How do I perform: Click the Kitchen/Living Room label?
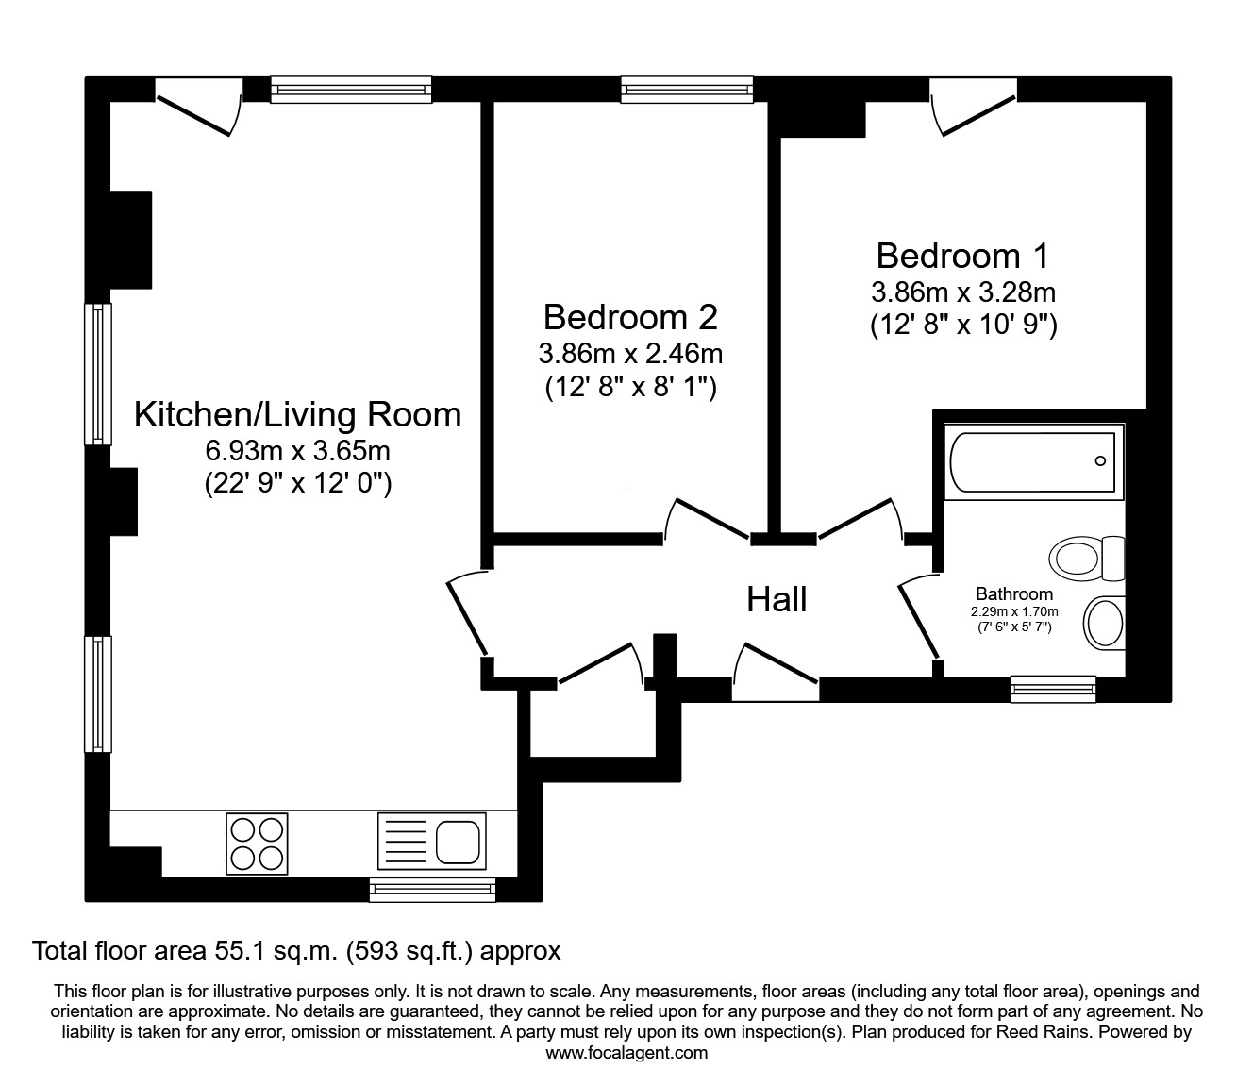coord(297,415)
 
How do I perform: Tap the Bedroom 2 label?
coord(630,317)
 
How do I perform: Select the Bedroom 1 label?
coord(962,256)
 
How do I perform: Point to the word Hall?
coord(777,599)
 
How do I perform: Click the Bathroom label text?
coord(1013,594)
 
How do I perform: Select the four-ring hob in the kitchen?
coord(257,843)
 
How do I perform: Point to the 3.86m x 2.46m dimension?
coord(630,355)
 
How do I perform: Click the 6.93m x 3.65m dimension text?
coord(297,450)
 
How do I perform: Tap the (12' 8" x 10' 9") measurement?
coord(962,326)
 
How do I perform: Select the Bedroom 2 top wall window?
coord(687,90)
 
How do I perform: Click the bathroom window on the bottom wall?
coord(1053,689)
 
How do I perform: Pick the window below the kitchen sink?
coord(431,889)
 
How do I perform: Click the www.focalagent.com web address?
coord(626,1053)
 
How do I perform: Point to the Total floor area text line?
coord(296,951)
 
